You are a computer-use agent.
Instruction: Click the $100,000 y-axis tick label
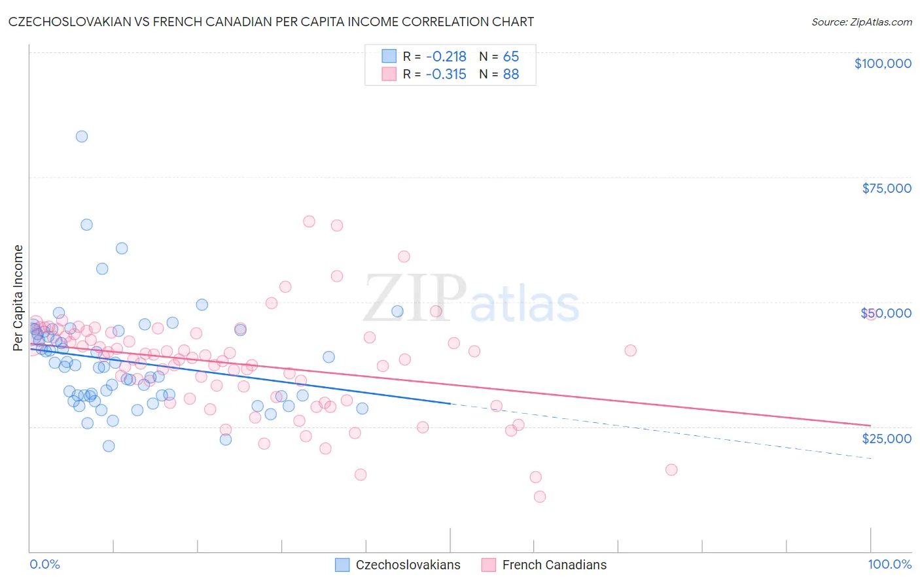(882, 63)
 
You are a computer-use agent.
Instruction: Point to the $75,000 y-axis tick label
(886, 188)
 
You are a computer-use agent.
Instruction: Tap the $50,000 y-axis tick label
(886, 313)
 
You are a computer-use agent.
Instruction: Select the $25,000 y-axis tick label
(886, 438)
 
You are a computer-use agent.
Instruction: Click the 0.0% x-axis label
(44, 564)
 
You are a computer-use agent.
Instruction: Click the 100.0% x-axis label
(889, 564)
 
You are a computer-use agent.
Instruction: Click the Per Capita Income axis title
(18, 297)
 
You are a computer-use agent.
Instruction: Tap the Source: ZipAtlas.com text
(861, 22)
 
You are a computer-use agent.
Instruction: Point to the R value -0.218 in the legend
(446, 56)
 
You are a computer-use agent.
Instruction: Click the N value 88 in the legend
(510, 74)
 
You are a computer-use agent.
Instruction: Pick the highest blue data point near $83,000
(82, 137)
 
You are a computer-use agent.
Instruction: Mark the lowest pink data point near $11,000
(540, 497)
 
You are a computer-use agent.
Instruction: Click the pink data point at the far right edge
(870, 314)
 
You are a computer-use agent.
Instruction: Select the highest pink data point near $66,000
(309, 222)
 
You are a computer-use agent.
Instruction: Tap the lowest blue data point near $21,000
(109, 446)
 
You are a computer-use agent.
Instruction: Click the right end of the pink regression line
(870, 425)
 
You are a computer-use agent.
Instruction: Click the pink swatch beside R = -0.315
(389, 74)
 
